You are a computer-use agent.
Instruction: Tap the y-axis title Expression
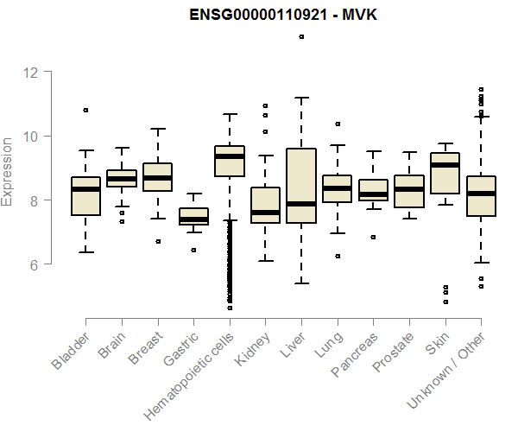pyautogui.click(x=8, y=170)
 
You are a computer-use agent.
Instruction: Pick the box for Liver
pyautogui.click(x=300, y=186)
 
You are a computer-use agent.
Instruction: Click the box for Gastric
pyautogui.click(x=193, y=216)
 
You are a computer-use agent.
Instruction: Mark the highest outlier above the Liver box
pyautogui.click(x=301, y=36)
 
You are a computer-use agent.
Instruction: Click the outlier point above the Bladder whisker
pyautogui.click(x=85, y=110)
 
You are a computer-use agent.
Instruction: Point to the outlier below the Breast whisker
pyautogui.click(x=157, y=241)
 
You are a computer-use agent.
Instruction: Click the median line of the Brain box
pyautogui.click(x=122, y=179)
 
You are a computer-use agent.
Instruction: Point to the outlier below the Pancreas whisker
pyautogui.click(x=373, y=237)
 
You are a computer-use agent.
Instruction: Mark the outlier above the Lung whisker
pyautogui.click(x=337, y=124)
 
